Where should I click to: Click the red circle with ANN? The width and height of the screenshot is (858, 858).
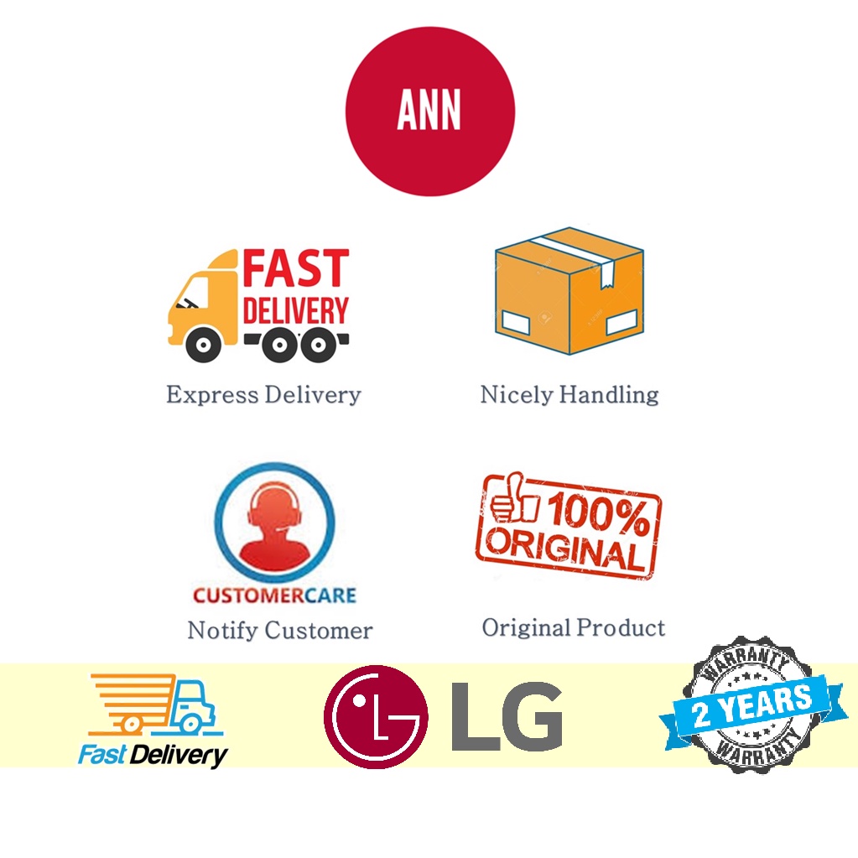[429, 112]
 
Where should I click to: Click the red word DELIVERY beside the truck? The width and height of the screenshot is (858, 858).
[295, 311]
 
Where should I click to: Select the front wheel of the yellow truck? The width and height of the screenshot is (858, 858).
[204, 343]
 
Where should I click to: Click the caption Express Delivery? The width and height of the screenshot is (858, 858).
[263, 394]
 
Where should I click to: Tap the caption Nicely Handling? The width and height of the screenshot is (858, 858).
[569, 394]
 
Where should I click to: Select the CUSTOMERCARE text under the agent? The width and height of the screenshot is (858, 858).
[274, 595]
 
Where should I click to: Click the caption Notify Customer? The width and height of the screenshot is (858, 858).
[280, 630]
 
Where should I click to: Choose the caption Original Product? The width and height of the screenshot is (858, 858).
[574, 627]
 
